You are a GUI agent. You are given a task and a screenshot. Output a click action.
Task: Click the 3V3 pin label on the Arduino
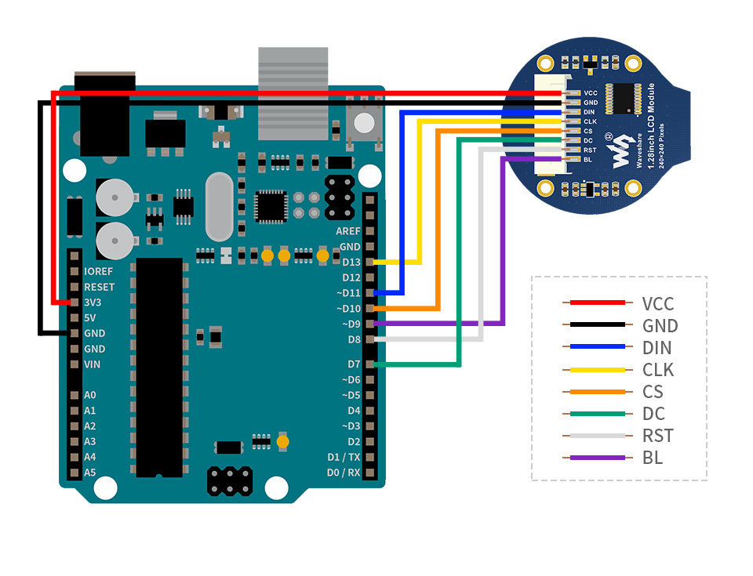point(93,302)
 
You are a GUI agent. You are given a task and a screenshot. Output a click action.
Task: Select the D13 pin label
point(351,262)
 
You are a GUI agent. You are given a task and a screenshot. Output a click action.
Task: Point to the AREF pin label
point(347,231)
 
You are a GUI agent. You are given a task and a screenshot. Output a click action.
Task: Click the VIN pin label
point(92,364)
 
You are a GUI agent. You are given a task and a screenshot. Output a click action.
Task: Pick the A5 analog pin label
point(89,473)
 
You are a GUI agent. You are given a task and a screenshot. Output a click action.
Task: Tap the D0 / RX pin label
point(343,473)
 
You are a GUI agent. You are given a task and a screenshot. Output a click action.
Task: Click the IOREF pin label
point(98,271)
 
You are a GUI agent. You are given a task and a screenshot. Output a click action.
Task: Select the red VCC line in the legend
point(597,302)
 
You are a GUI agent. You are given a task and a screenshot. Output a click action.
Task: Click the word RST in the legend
point(657,436)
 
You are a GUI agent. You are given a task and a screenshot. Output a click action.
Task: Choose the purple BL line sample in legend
point(597,458)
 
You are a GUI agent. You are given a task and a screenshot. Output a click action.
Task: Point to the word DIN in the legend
point(657,348)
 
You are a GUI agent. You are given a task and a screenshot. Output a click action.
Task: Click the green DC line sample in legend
point(597,414)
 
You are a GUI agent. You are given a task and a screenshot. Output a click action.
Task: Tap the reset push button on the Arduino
point(364,123)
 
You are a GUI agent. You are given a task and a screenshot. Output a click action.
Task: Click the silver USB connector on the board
point(293,92)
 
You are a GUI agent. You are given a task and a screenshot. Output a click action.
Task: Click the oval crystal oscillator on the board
point(219,207)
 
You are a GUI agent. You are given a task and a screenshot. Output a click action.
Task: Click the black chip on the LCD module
point(624,99)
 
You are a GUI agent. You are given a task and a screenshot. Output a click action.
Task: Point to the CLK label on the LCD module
point(590,121)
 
